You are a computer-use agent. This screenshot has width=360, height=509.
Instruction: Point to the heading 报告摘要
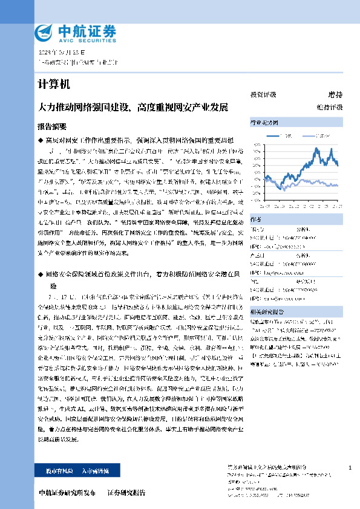tap(52, 126)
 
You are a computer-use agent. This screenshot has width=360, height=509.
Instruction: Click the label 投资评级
tap(263, 95)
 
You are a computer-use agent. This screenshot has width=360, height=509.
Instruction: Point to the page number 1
tap(350, 468)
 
